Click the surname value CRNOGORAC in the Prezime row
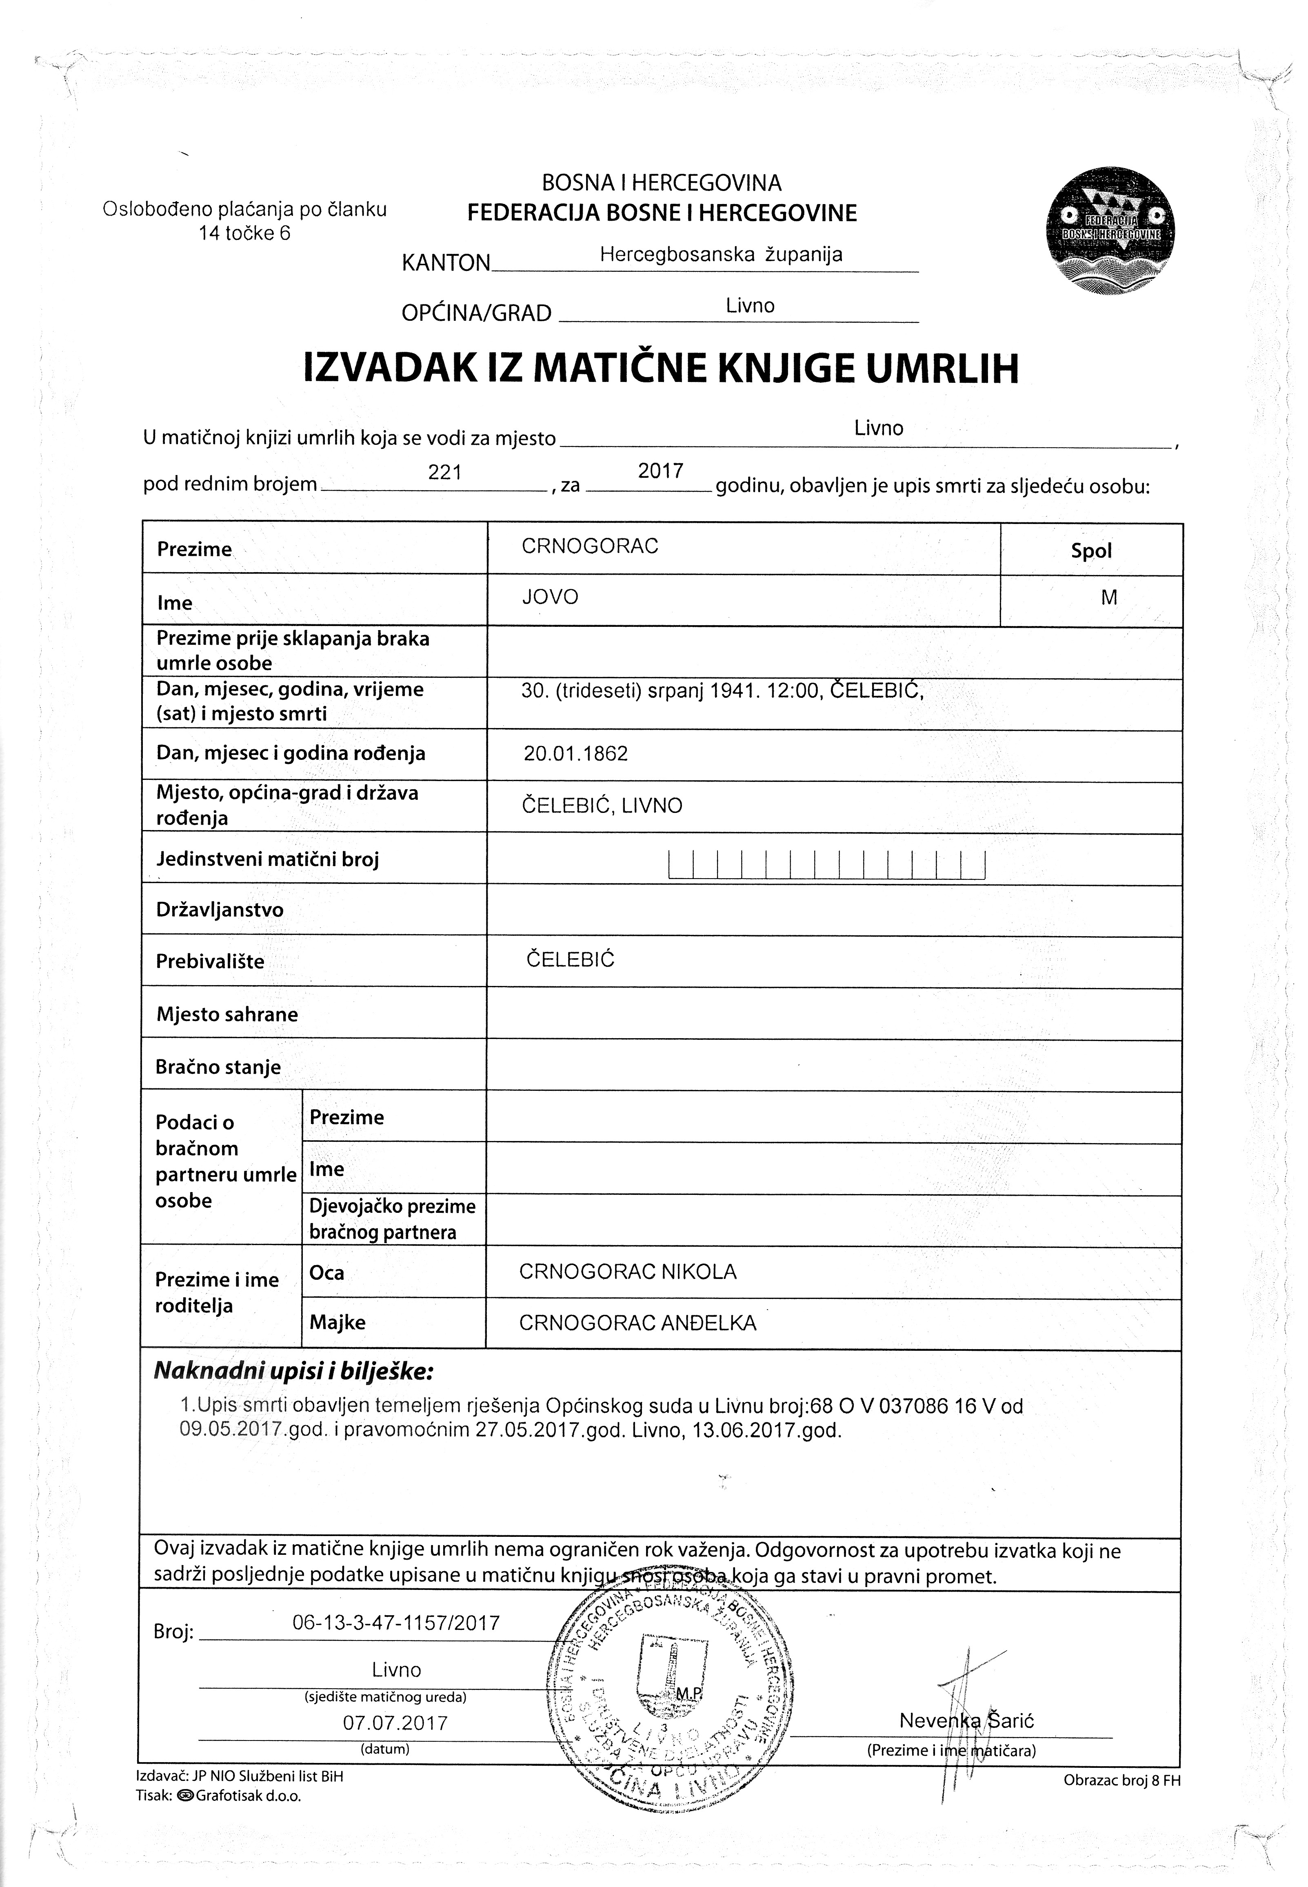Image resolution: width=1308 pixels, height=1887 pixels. [590, 546]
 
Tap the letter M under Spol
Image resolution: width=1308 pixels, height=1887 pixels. [1109, 598]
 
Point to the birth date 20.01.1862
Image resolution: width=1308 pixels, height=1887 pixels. [576, 754]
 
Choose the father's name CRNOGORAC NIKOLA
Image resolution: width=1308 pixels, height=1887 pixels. [628, 1272]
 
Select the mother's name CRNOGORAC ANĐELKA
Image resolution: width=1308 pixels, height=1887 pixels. [637, 1323]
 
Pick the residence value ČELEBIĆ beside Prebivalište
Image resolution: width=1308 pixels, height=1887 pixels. [571, 959]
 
